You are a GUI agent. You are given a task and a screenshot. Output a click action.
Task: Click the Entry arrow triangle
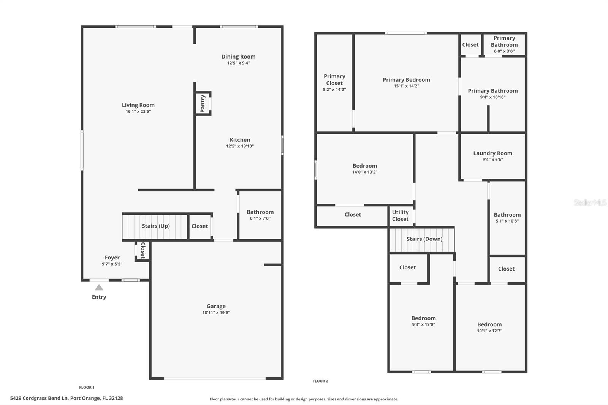[99, 288]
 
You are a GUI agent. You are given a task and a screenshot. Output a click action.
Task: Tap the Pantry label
[203, 103]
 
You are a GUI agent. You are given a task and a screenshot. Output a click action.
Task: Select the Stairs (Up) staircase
[155, 227]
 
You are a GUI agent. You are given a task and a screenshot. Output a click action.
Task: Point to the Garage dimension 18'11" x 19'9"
[216, 313]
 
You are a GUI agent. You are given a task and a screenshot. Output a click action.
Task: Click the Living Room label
[138, 105]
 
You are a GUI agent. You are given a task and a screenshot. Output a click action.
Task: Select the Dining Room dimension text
[238, 63]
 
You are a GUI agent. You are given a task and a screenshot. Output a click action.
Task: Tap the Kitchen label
[240, 140]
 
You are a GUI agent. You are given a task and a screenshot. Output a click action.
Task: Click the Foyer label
[112, 258]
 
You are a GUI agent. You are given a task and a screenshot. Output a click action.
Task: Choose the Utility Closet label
[400, 215]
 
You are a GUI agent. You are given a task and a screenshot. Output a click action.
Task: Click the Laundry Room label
[492, 153]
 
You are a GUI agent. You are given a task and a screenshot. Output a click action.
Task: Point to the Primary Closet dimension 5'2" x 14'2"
[334, 90]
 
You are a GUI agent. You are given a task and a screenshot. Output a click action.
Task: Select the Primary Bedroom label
[406, 80]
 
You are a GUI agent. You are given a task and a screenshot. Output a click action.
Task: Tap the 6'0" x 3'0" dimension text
[504, 51]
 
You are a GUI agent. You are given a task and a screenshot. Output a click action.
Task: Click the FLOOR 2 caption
[320, 381]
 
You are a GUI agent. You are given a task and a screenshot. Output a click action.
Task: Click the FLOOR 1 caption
[87, 388]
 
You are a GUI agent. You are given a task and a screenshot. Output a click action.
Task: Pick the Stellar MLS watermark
[590, 203]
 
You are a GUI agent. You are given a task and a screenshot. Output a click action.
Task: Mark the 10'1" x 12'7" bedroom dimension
[489, 331]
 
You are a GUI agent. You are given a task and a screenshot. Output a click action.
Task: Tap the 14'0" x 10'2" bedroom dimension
[364, 172]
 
